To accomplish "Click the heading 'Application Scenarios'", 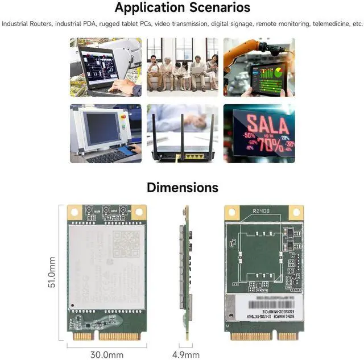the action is pyautogui.click(x=182, y=8).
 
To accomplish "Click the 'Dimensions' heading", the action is pyautogui.click(x=182, y=187).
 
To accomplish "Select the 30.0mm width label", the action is pyautogui.click(x=106, y=354).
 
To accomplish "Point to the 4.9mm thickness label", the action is pyautogui.click(x=185, y=354).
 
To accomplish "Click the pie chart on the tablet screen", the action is pyautogui.click(x=278, y=73).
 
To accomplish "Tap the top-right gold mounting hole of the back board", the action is pyautogui.click(x=295, y=212).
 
